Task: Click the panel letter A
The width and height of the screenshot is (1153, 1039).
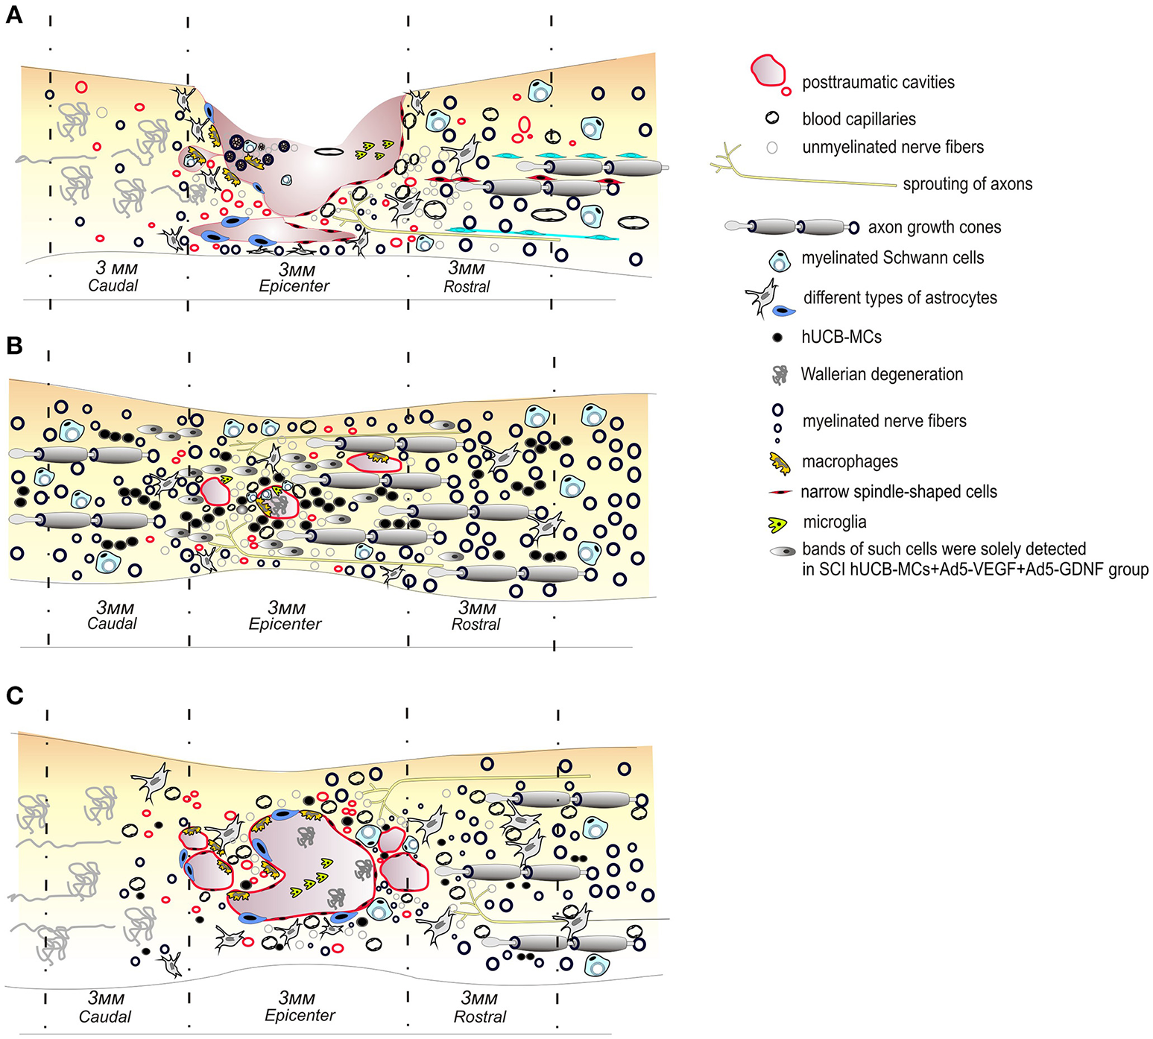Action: [14, 14]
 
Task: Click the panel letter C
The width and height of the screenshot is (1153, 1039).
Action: [14, 695]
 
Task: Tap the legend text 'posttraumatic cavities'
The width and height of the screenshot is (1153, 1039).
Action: [878, 83]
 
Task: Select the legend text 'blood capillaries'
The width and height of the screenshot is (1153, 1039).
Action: [859, 119]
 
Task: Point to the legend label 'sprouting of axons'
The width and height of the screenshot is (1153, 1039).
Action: [967, 184]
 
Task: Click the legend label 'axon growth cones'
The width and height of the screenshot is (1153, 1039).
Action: [934, 227]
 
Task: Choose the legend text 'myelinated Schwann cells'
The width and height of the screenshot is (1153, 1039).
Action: [892, 258]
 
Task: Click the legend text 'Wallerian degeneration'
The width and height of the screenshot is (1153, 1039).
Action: [882, 374]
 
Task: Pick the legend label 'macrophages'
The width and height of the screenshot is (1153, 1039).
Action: [850, 462]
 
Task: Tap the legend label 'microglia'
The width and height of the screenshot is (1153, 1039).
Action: [835, 522]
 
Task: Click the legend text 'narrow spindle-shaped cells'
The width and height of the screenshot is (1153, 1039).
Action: [898, 492]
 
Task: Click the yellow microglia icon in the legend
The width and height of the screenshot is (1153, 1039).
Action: [777, 524]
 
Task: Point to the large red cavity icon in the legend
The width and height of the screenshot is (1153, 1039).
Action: [768, 72]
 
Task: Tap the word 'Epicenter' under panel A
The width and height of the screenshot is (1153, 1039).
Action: [294, 286]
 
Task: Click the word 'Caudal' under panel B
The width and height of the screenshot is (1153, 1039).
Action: [112, 624]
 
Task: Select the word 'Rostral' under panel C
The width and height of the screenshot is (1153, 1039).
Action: [480, 1017]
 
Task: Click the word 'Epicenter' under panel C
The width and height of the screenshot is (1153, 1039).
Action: [300, 1015]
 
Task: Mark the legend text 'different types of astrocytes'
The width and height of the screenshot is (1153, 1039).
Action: [900, 298]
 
